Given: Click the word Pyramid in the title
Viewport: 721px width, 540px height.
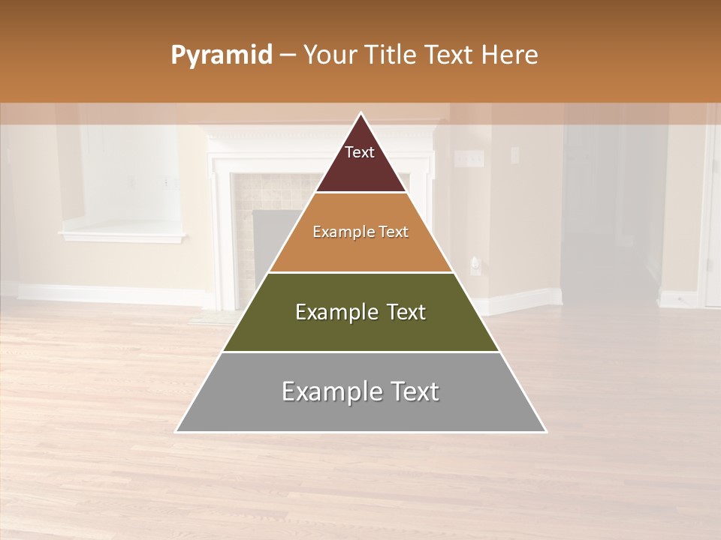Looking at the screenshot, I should tap(222, 55).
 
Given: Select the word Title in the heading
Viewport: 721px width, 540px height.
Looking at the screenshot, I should tap(392, 55).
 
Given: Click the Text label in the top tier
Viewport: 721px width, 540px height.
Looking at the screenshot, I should tap(360, 152).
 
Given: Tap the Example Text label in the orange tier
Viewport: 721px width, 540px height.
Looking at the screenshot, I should tap(360, 232).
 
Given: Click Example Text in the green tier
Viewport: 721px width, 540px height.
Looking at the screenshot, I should tap(360, 312).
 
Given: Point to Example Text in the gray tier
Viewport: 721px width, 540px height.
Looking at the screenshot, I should tap(360, 391).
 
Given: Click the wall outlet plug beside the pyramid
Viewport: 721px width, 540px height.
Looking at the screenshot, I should tap(475, 265).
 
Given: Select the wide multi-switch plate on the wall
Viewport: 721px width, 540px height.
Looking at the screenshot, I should tap(469, 158).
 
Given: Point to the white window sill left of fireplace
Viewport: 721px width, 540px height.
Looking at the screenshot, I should tap(122, 237).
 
